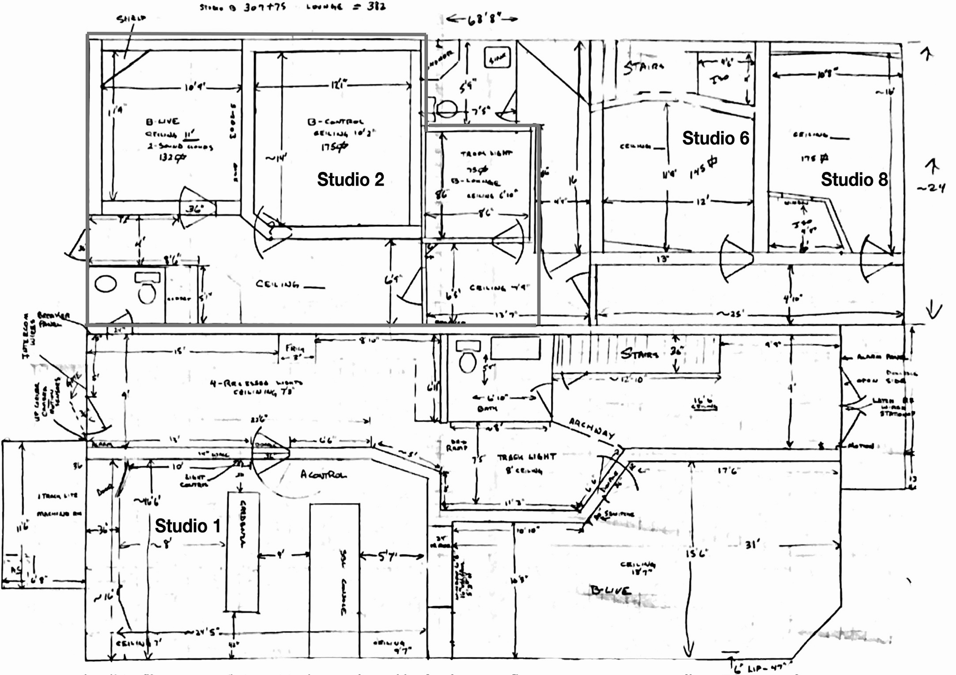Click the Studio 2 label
tap(351, 180)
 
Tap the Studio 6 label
tap(715, 138)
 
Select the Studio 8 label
tap(854, 180)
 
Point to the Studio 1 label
tap(187, 526)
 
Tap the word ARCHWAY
tap(592, 428)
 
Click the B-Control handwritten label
tap(336, 121)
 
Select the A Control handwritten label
tap(323, 475)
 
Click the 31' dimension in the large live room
tap(752, 544)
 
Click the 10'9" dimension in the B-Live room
tap(194, 87)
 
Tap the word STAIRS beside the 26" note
tap(639, 353)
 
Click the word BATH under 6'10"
tap(487, 409)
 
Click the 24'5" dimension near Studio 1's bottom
tap(208, 633)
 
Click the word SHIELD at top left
tap(131, 19)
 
